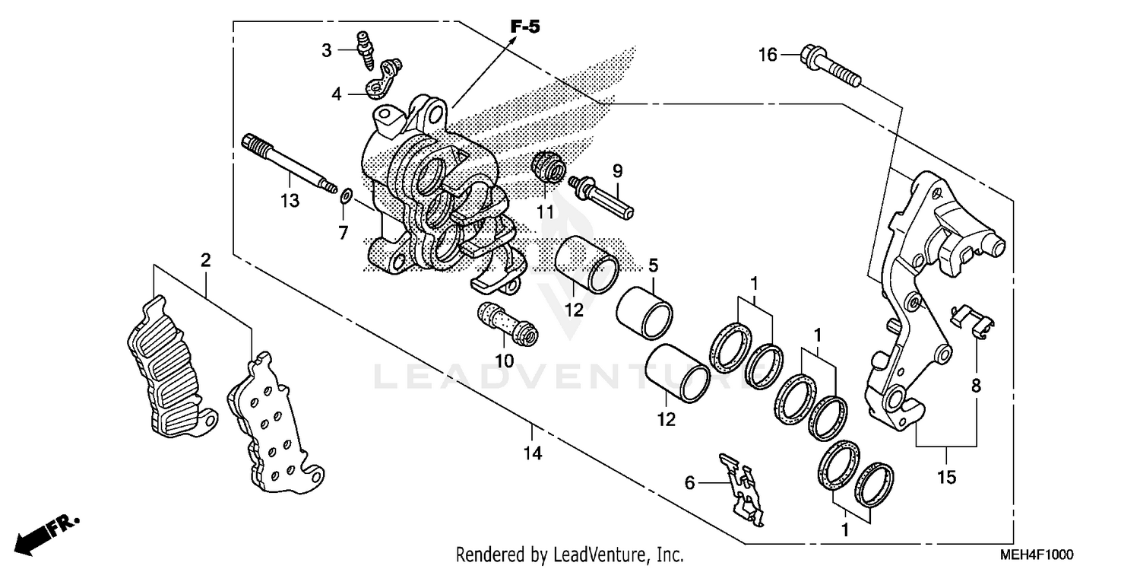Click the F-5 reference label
[524, 27]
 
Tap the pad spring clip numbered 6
[740, 489]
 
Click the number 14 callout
[532, 454]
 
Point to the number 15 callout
[946, 478]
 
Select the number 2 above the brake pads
[205, 260]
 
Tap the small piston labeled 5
[644, 310]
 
